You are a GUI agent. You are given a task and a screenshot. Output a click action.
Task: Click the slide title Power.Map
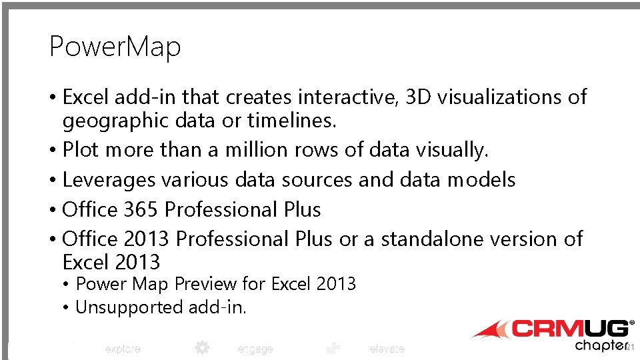point(115,47)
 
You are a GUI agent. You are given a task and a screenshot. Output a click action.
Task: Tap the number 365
point(141,209)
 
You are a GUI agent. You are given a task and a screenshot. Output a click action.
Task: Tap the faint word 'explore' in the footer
point(123,349)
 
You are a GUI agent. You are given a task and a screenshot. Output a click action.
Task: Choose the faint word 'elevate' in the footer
point(387,349)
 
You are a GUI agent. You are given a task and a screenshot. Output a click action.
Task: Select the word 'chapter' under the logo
point(600,345)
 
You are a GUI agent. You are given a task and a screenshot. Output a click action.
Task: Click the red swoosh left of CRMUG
point(490,329)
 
